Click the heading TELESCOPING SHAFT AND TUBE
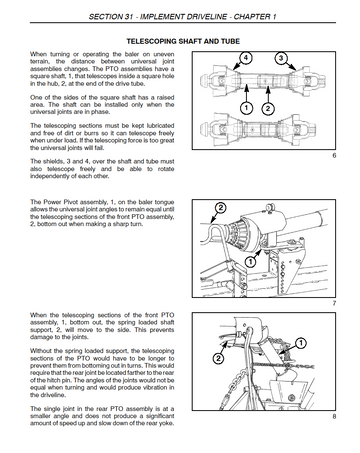pos(183,41)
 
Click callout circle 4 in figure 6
pos(245,58)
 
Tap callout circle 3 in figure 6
pos(281,58)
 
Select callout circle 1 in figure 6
pos(246,108)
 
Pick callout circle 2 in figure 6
pos(268,108)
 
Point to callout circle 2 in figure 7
pos(221,208)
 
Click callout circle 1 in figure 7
pos(251,261)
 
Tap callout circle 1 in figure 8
pos(300,343)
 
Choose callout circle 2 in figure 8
pos(218,358)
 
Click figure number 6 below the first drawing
pos(334,155)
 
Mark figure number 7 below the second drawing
pos(334,303)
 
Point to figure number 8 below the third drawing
pos(334,416)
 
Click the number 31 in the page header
pos(129,17)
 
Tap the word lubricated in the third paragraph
pos(161,126)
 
